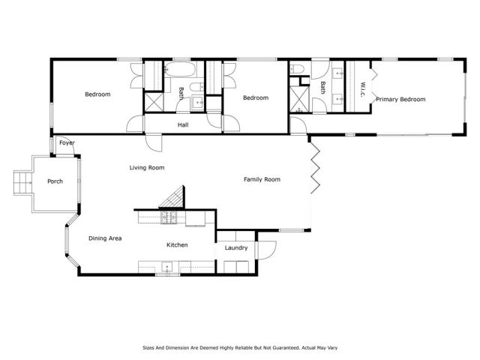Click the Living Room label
coord(146,167)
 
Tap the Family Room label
coord(262,179)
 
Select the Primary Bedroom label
coord(400,99)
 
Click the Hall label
coord(183,124)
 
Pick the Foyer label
coord(67,142)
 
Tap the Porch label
coord(55,181)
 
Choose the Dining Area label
coord(105,238)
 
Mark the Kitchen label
coord(177,245)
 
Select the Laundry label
coord(236,247)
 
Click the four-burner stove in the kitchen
coord(169,218)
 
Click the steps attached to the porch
coord(22,181)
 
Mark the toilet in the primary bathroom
coord(298,70)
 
